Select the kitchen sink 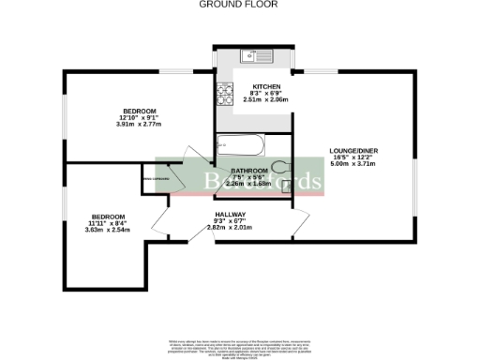click(254, 53)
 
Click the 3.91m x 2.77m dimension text click(138, 123)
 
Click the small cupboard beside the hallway click(156, 181)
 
